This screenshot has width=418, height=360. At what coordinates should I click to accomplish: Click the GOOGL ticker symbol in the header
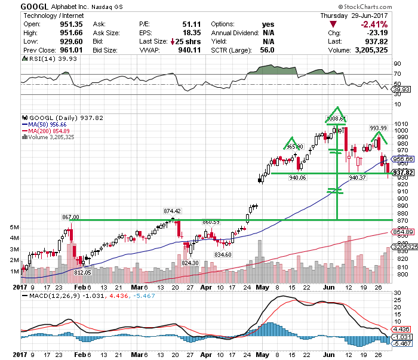click(35, 6)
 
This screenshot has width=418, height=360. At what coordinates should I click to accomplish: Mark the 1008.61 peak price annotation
click(336, 119)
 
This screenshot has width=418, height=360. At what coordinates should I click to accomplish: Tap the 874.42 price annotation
click(173, 211)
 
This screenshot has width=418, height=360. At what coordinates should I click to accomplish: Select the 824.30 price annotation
click(190, 263)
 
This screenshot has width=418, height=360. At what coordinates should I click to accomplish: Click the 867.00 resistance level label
click(70, 217)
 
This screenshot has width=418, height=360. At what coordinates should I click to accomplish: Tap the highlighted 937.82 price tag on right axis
click(402, 172)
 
